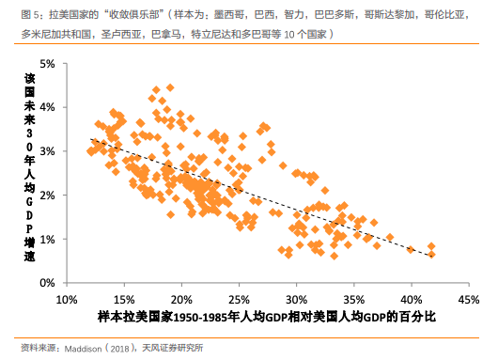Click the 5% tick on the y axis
(x=47, y=63)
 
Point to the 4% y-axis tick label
(x=47, y=107)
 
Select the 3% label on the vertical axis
(x=47, y=151)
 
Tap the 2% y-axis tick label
(x=47, y=196)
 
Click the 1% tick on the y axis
(x=47, y=239)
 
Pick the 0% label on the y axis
(x=47, y=283)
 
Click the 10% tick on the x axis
(x=67, y=299)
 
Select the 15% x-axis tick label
(x=124, y=299)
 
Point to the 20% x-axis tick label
(x=181, y=299)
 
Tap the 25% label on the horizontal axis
(x=240, y=299)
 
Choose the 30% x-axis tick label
(x=297, y=299)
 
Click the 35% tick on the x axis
(x=354, y=299)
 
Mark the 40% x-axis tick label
(x=412, y=299)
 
